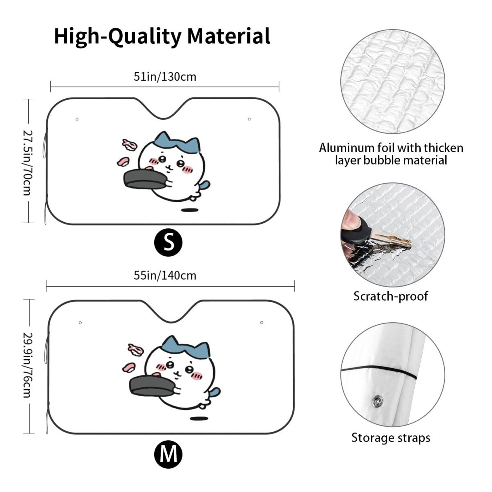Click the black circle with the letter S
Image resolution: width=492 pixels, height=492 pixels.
(x=168, y=242)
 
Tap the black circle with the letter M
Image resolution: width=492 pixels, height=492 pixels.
(x=168, y=454)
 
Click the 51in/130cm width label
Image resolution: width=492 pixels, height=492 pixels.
(x=165, y=77)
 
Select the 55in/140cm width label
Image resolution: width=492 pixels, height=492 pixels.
(x=165, y=276)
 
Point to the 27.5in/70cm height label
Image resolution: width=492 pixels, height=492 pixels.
(x=28, y=163)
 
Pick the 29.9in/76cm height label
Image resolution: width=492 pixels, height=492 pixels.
(x=28, y=365)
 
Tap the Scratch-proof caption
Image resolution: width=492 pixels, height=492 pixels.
(x=391, y=296)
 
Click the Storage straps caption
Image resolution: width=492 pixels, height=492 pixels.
(x=391, y=438)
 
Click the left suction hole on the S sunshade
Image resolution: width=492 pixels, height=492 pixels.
(x=77, y=119)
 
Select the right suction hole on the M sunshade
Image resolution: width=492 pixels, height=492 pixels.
(x=262, y=323)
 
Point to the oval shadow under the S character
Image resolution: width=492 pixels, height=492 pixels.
(x=190, y=210)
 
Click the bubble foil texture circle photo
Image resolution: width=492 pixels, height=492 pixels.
(x=392, y=81)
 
